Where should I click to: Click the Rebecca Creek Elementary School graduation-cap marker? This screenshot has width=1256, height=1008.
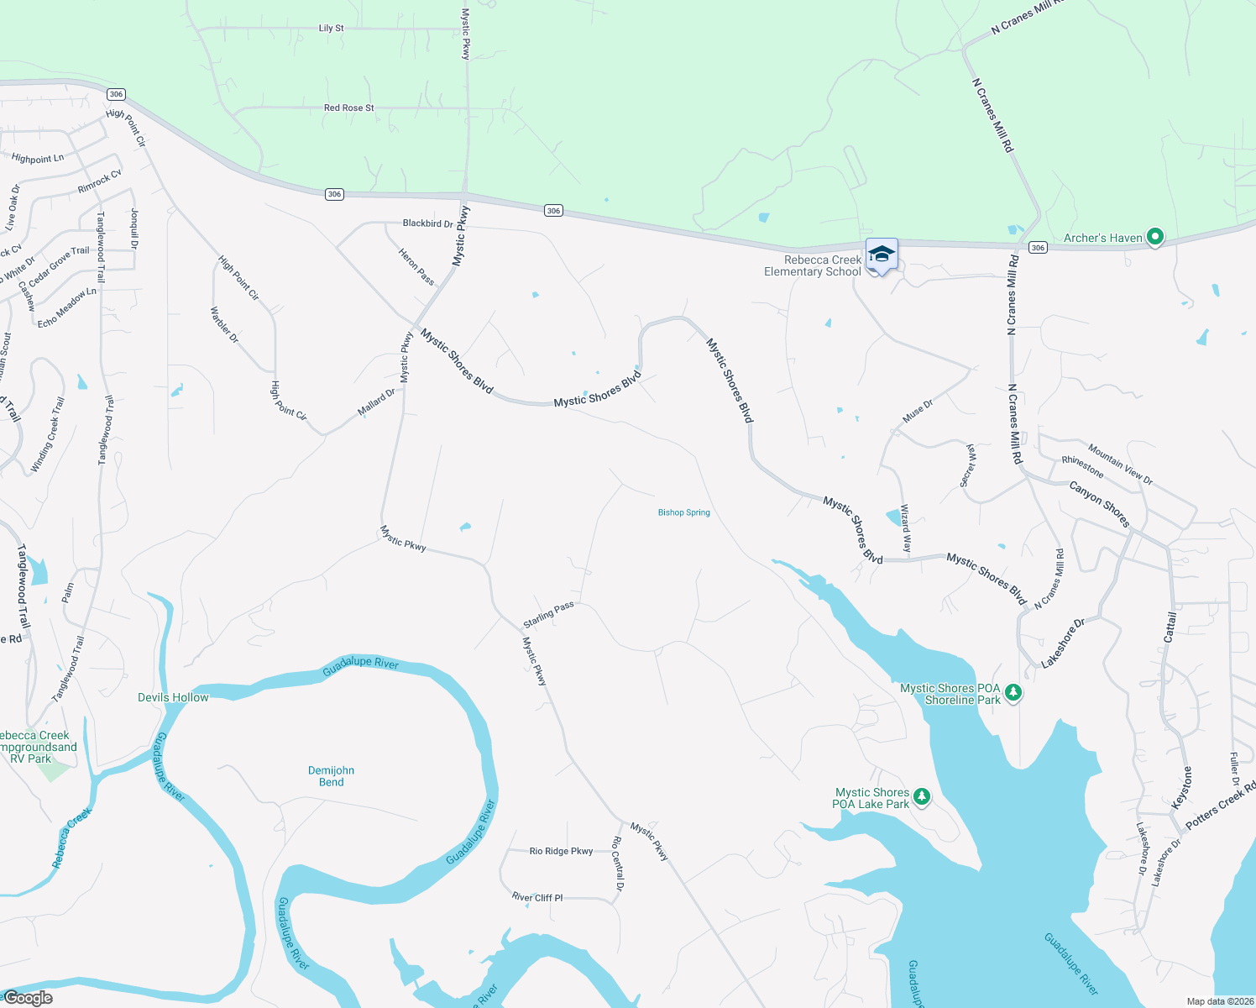882,254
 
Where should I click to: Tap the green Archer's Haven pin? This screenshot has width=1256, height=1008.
1154,238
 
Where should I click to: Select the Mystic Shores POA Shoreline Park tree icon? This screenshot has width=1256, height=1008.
1013,693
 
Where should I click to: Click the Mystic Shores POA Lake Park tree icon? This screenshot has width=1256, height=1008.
922,797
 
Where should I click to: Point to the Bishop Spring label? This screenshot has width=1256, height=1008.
683,512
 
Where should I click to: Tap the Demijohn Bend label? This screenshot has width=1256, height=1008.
331,776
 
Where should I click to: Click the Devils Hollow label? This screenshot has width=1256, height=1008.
173,697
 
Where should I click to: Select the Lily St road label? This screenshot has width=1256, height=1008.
331,29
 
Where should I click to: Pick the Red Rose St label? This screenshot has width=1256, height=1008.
348,108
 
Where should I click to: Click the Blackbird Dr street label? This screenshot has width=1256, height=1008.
427,223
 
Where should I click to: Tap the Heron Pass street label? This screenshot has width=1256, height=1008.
416,266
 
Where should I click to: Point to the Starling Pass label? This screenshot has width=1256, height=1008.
548,614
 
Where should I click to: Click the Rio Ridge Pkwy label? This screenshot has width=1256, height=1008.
561,851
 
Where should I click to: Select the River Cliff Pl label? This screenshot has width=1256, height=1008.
537,897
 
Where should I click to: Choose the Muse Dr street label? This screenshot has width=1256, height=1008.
917,412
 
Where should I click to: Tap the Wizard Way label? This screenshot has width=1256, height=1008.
905,528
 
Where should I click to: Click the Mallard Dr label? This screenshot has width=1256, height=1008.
376,402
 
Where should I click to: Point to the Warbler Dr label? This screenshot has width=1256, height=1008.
224,325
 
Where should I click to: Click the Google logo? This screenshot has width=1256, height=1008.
28,998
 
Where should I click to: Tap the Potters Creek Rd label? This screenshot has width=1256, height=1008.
1220,805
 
